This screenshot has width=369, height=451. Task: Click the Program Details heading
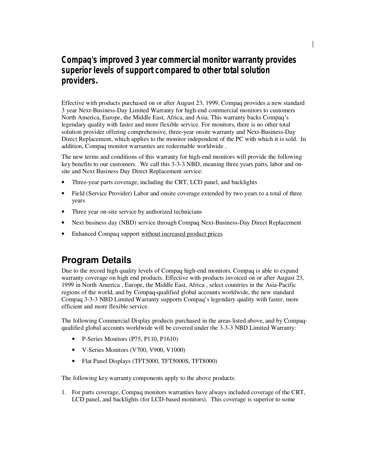point(96,260)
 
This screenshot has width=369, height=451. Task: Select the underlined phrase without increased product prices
point(182,234)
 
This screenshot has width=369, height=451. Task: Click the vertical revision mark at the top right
point(313,44)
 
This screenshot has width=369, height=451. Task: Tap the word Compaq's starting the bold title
point(79,60)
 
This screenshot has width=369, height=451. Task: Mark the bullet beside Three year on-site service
point(63,212)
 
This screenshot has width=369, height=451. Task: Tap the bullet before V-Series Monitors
point(73,350)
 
